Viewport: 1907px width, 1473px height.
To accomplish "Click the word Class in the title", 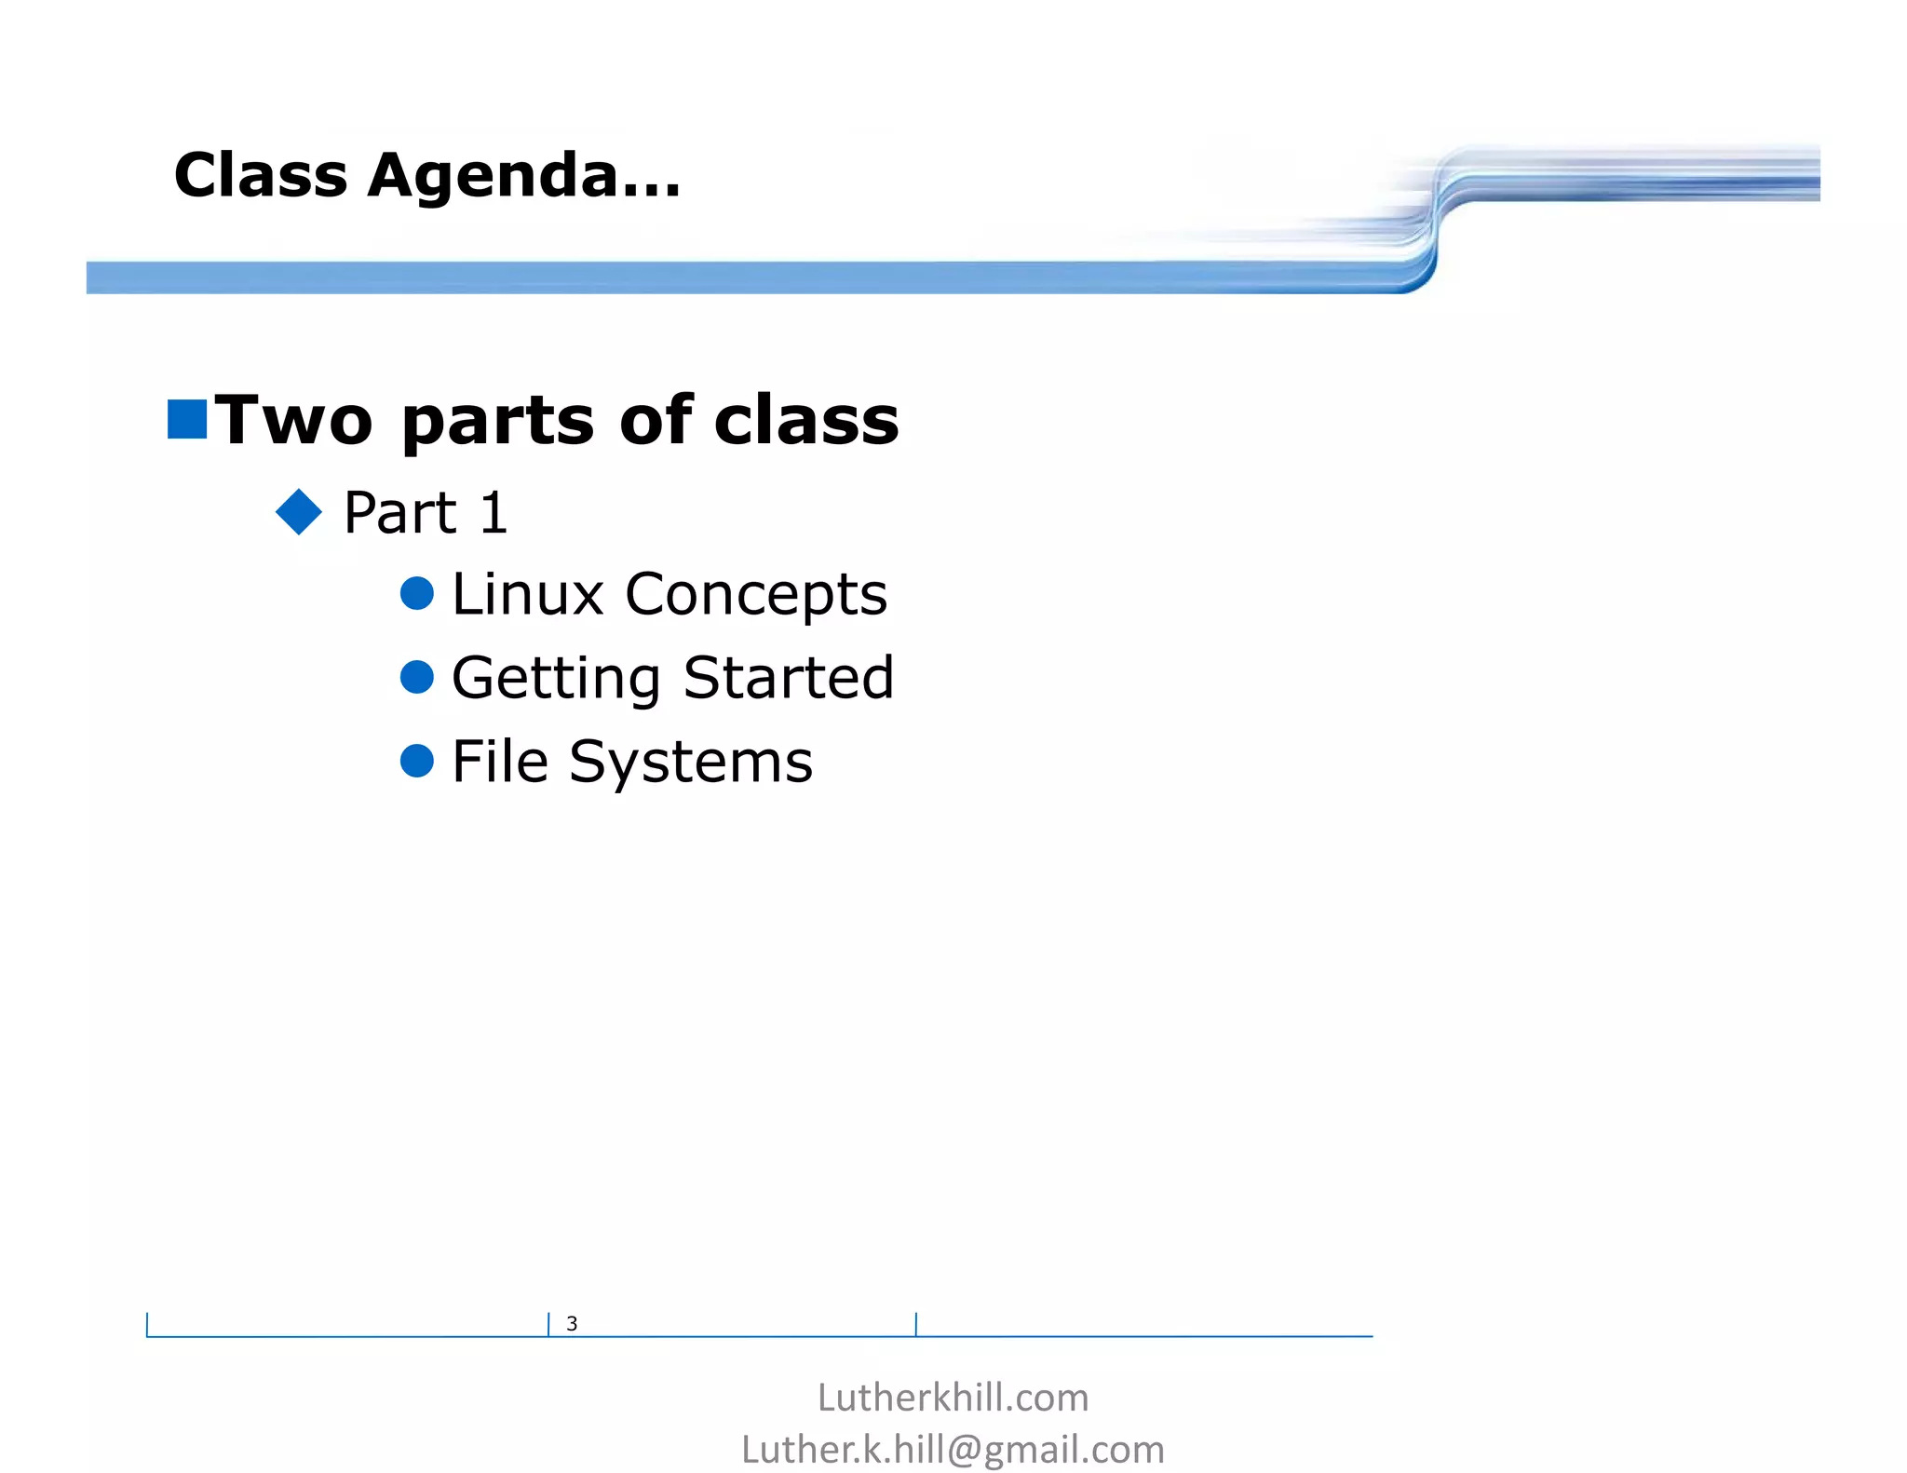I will click(261, 175).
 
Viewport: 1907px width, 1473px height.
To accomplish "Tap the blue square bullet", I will click(187, 419).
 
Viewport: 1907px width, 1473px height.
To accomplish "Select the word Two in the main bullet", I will click(294, 420).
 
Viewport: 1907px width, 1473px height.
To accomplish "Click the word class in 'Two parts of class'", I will click(806, 420).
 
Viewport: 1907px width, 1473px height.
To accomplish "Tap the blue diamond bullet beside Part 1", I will click(299, 512).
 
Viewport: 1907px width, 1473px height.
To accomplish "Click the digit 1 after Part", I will click(494, 512).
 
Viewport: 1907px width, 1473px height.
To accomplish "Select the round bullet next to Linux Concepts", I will click(417, 593).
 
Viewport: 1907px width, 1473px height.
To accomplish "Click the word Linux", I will click(528, 594).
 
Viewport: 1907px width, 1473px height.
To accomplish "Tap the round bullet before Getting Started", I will click(417, 677).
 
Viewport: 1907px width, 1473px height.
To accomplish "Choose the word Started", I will click(789, 677).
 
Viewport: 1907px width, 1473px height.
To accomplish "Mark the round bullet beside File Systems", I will click(417, 761).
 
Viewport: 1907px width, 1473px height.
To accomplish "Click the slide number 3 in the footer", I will click(572, 1323).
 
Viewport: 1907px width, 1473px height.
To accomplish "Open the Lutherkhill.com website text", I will click(953, 1398).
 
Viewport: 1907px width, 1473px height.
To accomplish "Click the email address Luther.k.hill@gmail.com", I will click(953, 1450).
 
